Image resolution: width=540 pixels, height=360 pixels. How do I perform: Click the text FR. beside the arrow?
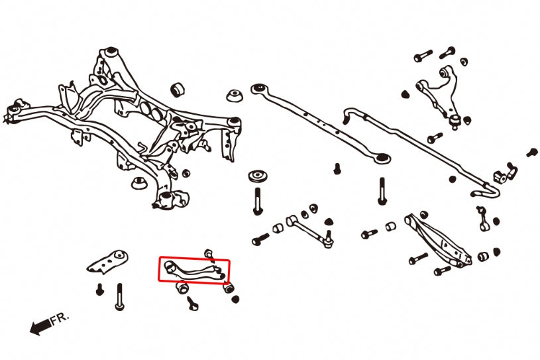[60, 319]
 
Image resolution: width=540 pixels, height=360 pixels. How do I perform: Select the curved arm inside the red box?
[195, 269]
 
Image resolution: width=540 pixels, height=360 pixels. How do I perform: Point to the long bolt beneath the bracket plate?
[120, 296]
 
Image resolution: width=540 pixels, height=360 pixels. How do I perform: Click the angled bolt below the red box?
[193, 303]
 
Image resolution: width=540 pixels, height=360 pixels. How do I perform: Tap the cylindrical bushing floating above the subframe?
[177, 90]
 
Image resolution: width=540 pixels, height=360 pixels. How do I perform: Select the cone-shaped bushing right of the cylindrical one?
[233, 95]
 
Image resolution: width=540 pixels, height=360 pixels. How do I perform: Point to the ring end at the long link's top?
[258, 88]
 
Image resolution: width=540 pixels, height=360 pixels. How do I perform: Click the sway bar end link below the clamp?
[483, 217]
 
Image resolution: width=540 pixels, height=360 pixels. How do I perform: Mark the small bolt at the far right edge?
[531, 152]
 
